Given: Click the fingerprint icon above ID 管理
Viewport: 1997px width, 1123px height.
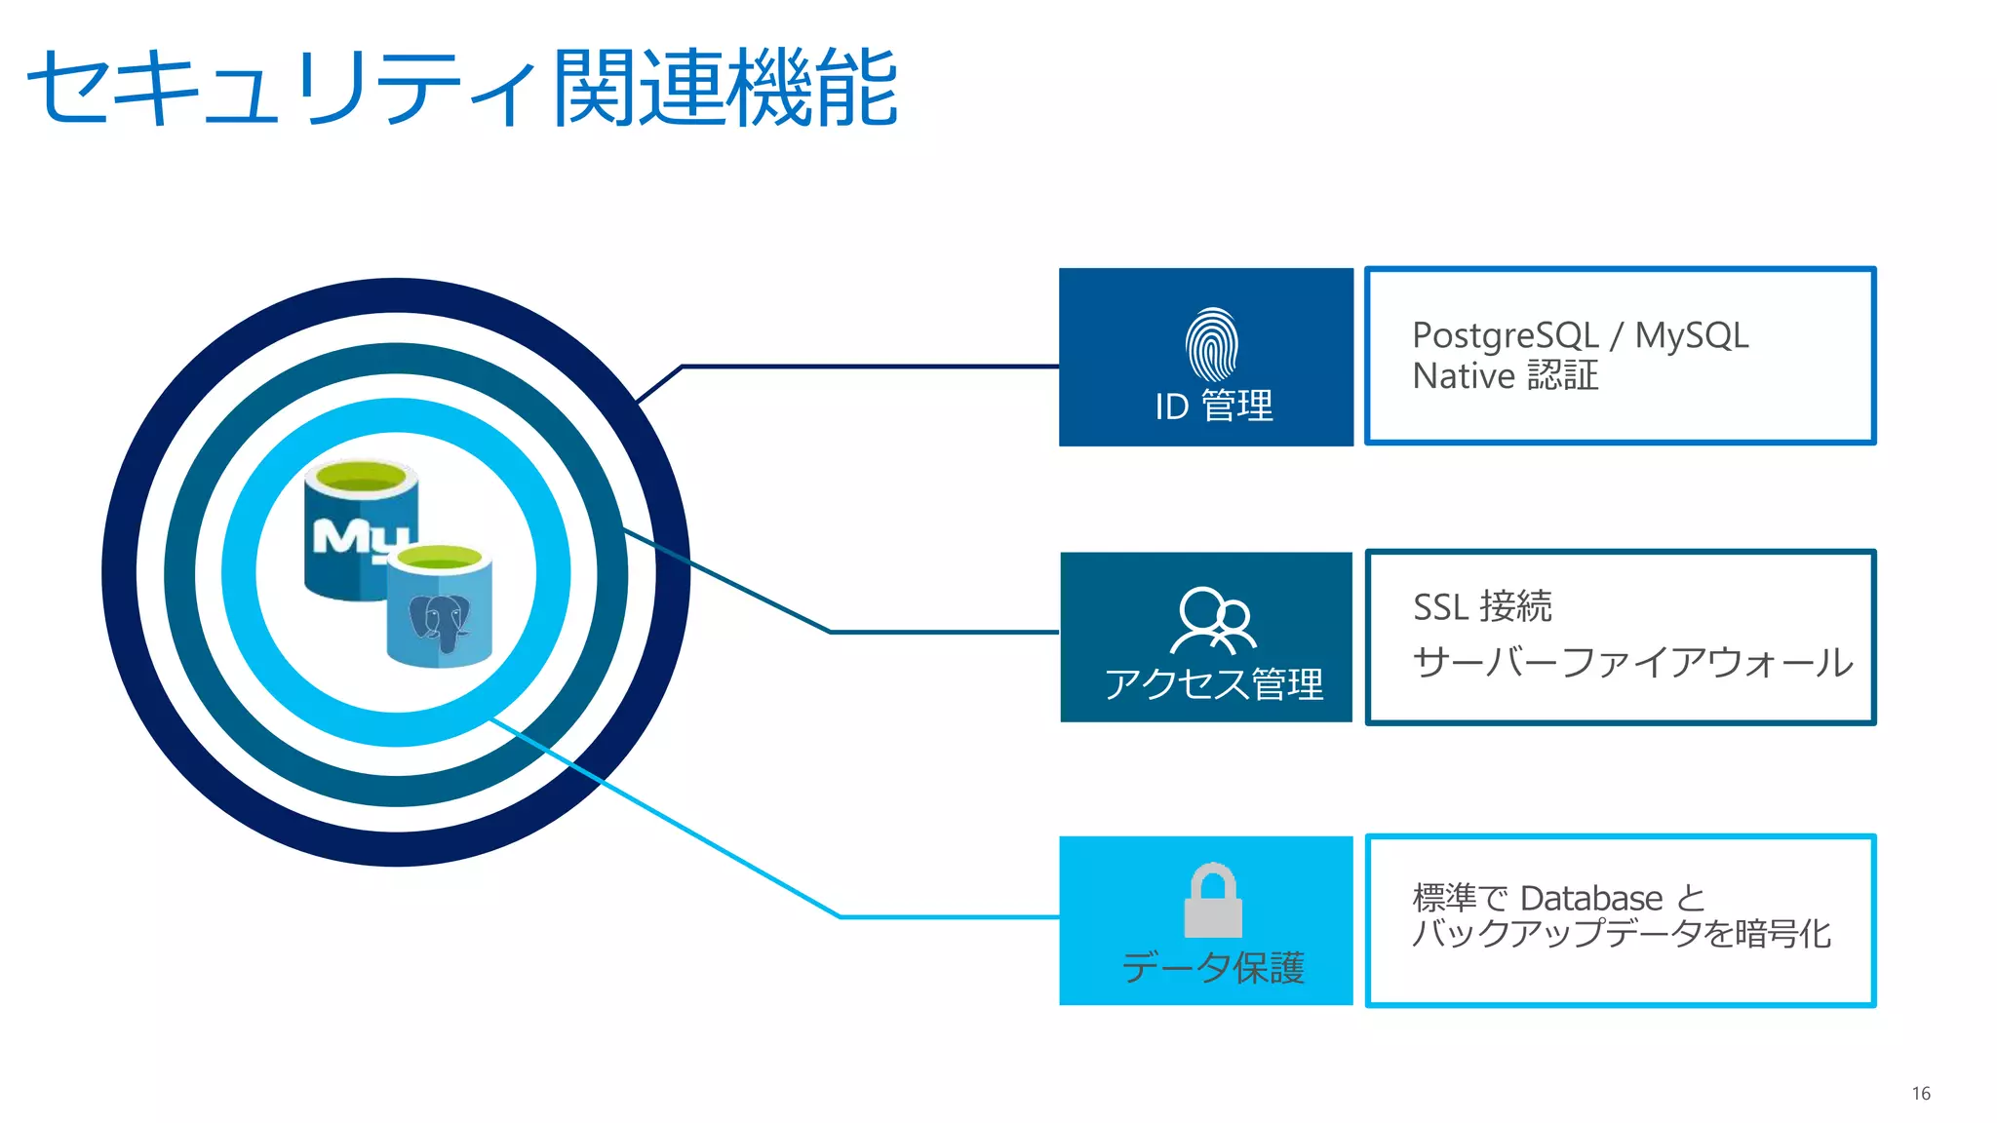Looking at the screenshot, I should point(1211,344).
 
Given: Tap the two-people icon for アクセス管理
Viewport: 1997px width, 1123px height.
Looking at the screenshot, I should point(1213,619).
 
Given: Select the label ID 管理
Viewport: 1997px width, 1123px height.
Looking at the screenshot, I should point(1213,406).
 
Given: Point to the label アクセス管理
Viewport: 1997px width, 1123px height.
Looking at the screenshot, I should point(1213,683).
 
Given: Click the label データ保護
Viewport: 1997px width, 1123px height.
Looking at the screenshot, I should point(1213,967).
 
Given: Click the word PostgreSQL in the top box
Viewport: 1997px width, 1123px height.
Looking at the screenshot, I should point(1505,336).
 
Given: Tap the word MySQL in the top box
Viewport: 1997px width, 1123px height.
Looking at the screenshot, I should point(1691,335).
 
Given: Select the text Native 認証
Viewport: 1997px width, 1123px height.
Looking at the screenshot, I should point(1505,376).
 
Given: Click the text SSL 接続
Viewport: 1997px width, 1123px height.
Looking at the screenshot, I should point(1482,606).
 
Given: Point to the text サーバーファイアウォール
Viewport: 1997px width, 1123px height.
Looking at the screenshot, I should point(1632,663).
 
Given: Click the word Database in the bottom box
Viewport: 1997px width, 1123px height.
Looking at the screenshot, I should point(1591,898).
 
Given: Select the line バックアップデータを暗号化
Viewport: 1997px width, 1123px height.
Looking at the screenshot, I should point(1621,934).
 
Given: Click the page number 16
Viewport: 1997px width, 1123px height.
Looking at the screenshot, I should point(1920,1093).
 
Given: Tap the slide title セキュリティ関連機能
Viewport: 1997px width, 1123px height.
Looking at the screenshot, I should point(462,88).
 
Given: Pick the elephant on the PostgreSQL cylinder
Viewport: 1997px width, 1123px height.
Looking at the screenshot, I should point(439,620).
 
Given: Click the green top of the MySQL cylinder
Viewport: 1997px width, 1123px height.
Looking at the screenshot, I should point(361,479).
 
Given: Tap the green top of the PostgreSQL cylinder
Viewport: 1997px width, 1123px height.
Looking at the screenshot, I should point(440,558).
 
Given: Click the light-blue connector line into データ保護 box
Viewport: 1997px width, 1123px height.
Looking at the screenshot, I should point(946,916).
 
